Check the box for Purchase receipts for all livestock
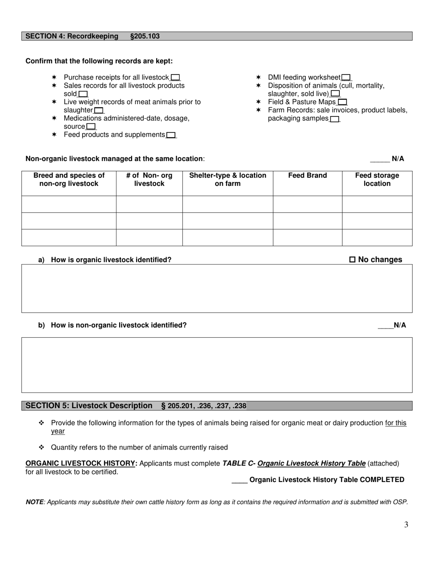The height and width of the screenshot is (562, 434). (175, 78)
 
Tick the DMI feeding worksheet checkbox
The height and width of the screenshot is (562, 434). (346, 78)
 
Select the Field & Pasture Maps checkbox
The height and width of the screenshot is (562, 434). (342, 102)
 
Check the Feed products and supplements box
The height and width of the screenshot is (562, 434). (171, 135)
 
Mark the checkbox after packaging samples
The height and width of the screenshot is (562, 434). (334, 119)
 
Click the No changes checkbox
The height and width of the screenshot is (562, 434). (352, 260)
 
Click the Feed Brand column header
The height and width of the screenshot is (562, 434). (307, 175)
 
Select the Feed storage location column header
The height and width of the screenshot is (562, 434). (377, 180)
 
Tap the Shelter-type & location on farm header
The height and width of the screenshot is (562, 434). (228, 180)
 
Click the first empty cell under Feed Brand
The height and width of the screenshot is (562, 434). (307, 204)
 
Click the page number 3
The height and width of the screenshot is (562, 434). (406, 525)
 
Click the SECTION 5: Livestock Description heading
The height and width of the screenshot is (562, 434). (89, 406)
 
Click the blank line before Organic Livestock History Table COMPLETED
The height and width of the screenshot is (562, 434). (239, 480)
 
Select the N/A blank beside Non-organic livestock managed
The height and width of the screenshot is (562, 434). (380, 159)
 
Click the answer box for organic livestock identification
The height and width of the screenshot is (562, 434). (217, 288)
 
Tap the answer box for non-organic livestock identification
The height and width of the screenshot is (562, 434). (217, 365)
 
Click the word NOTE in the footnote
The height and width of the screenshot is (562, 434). (34, 502)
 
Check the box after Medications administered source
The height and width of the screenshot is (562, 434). (91, 127)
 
